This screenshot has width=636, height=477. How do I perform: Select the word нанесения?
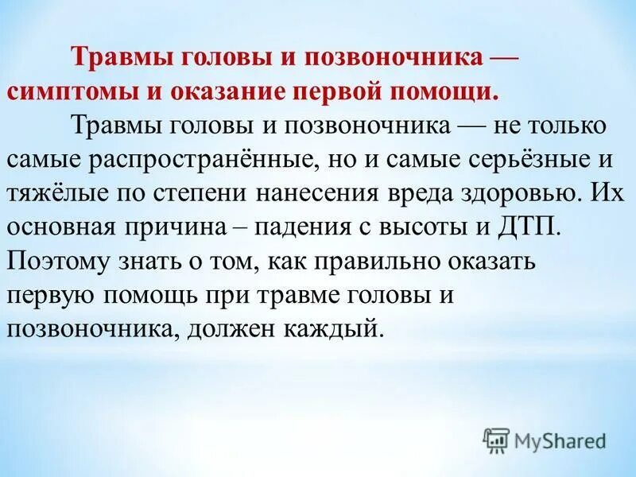click(x=321, y=192)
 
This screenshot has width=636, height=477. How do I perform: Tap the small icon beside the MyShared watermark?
click(x=496, y=440)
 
